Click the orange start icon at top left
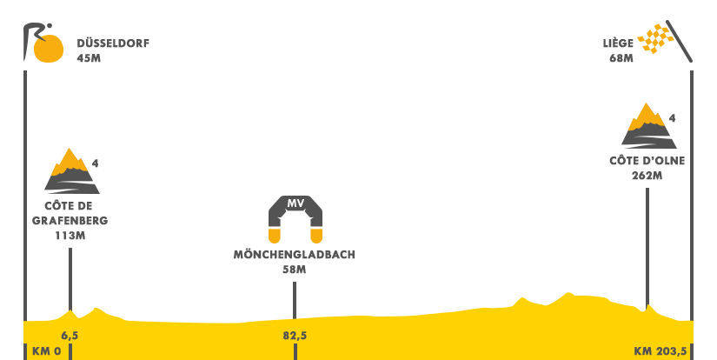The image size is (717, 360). pyautogui.click(x=43, y=43)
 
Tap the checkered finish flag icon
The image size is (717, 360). pyautogui.click(x=664, y=41)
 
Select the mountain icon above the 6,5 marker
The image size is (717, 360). pyautogui.click(x=72, y=170)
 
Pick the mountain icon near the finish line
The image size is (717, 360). pyautogui.click(x=649, y=125)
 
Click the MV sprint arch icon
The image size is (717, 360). pyautogui.click(x=295, y=219)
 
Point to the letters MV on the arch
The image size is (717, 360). pyautogui.click(x=295, y=203)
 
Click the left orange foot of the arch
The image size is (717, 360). pyautogui.click(x=275, y=235)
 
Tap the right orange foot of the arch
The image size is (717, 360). pyautogui.click(x=316, y=235)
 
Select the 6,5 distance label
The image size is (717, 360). pyautogui.click(x=70, y=335)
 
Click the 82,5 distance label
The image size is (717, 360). pyautogui.click(x=295, y=335)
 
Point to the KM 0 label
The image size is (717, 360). pyautogui.click(x=46, y=351)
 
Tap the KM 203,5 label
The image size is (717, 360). pyautogui.click(x=660, y=351)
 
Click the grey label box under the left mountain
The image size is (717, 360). pyautogui.click(x=70, y=219)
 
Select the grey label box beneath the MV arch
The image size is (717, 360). pyautogui.click(x=294, y=261)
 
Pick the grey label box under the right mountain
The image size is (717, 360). pyautogui.click(x=647, y=167)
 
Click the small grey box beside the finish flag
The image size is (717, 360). pyautogui.click(x=618, y=50)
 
